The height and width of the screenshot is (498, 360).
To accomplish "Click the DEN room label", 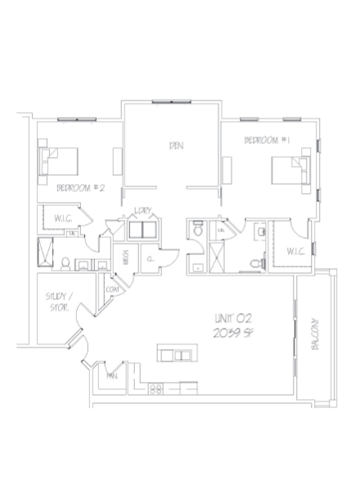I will [x=174, y=146].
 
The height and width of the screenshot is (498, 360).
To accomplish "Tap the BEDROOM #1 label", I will [x=268, y=142].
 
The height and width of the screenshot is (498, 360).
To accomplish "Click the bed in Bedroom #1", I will [x=290, y=170].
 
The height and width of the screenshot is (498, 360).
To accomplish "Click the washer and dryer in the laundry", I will [x=142, y=230].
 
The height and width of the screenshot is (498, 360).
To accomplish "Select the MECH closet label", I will [x=125, y=256].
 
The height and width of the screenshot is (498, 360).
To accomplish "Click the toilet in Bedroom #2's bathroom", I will [x=64, y=262].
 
